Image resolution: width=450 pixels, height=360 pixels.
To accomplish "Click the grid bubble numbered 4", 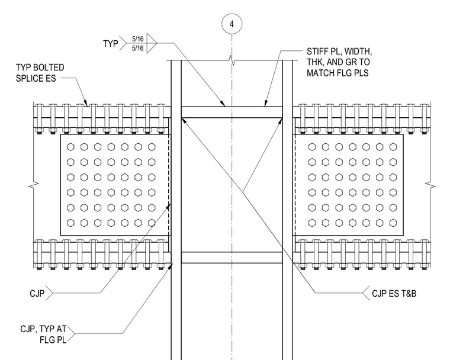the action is click(x=232, y=24).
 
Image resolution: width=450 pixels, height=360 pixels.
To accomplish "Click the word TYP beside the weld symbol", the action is click(x=111, y=44).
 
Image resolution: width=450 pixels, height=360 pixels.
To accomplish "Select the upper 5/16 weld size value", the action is click(x=138, y=38).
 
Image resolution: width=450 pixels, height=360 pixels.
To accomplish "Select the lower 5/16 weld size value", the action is click(x=138, y=48).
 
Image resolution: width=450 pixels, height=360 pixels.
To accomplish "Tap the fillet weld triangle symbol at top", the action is click(x=151, y=43).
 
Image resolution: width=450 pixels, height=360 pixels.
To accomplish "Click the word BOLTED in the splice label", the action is click(x=49, y=67).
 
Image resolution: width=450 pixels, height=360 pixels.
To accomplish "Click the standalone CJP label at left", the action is click(x=37, y=294).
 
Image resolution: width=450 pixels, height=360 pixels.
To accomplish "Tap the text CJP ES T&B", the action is click(x=394, y=294).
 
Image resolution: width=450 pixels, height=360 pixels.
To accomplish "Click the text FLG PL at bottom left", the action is click(x=53, y=340).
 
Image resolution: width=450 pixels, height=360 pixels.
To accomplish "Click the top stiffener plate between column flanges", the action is click(x=232, y=112).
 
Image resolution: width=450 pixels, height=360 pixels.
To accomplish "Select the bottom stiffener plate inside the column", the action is click(x=232, y=258).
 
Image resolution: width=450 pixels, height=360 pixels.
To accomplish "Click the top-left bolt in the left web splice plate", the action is click(x=70, y=147).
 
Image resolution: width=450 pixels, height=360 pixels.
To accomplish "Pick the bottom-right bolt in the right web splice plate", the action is click(x=393, y=223).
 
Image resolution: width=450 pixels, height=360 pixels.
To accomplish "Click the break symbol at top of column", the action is click(x=232, y=60).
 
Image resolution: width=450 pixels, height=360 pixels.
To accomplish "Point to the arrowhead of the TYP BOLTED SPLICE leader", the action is click(x=85, y=104).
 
